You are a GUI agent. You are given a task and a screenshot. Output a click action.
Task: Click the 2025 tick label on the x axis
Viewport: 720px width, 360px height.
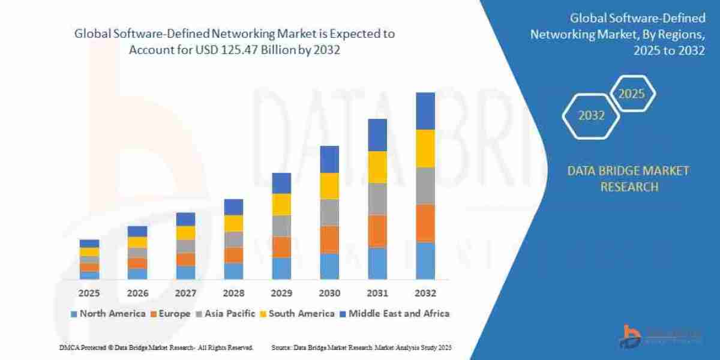click(x=89, y=293)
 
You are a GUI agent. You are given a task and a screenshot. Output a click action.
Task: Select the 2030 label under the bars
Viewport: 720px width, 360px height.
click(x=329, y=293)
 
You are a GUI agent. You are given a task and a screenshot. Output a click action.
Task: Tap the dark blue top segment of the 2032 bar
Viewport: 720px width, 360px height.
click(x=425, y=111)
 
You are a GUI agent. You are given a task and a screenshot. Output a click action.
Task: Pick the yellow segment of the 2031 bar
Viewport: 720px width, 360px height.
click(x=377, y=167)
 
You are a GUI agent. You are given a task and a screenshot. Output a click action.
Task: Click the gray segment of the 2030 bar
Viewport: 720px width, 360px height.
click(x=329, y=212)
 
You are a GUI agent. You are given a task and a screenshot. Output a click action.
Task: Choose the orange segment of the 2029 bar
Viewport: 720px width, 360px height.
click(x=281, y=247)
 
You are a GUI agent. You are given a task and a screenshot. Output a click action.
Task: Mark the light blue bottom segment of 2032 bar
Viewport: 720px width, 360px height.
click(x=425, y=260)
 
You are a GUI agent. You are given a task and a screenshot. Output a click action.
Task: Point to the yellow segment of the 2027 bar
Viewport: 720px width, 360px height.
click(x=185, y=233)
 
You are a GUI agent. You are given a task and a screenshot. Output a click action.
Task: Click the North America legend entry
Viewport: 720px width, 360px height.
click(x=108, y=313)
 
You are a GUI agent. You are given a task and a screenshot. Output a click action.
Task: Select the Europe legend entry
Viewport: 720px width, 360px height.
click(x=175, y=313)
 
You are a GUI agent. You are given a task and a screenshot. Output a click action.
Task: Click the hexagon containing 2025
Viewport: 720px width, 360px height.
click(x=631, y=94)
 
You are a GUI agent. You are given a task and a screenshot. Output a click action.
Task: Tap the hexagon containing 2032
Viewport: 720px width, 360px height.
click(x=591, y=116)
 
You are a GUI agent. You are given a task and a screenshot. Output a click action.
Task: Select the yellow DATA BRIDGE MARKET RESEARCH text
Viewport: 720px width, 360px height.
click(x=628, y=179)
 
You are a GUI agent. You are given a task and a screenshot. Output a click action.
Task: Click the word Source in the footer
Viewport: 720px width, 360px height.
click(x=281, y=348)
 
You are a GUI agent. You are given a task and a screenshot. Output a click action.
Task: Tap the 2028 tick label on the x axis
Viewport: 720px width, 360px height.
click(x=233, y=293)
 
